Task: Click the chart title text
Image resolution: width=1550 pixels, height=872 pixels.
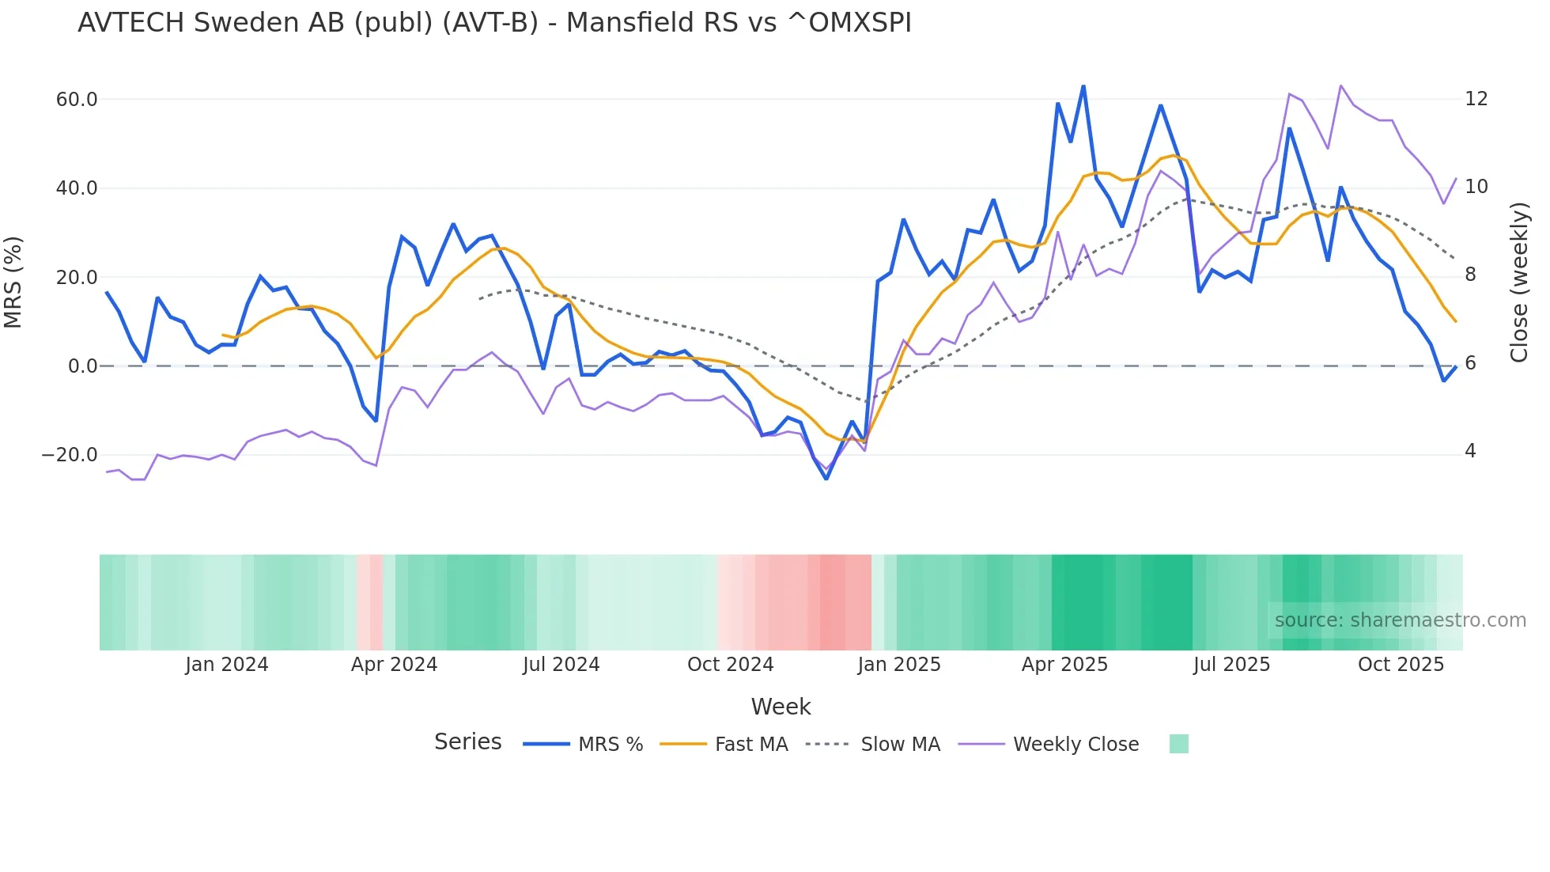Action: coord(494,23)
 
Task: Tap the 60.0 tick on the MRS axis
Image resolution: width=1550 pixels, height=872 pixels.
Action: coord(77,100)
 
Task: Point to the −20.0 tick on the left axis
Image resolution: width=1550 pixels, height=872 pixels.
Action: coord(70,455)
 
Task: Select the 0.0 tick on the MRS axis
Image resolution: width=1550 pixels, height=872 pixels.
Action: coord(82,366)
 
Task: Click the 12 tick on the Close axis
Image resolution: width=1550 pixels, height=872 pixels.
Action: coord(1476,99)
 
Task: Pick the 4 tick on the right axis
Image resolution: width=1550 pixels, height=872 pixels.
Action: coord(1470,451)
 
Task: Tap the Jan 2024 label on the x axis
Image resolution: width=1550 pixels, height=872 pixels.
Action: coord(227,665)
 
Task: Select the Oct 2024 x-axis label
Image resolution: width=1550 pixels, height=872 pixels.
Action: coord(730,665)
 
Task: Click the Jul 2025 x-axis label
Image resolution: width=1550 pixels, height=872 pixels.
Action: coord(1231,665)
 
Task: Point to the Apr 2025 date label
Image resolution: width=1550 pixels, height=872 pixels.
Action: coord(1064,665)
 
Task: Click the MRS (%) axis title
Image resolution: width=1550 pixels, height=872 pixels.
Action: coord(13,282)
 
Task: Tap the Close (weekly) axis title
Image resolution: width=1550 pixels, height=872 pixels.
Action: coord(1519,282)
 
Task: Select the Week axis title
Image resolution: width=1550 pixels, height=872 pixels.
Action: coord(781,707)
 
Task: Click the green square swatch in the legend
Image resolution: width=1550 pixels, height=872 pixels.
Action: coord(1178,744)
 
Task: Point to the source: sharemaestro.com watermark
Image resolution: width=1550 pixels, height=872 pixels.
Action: coord(1400,620)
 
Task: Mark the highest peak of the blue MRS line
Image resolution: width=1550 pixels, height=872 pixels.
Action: coord(1083,86)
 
